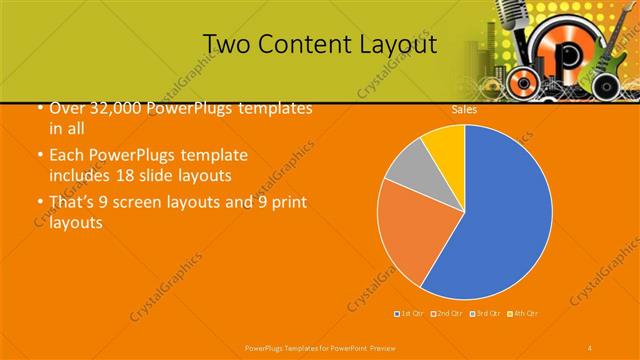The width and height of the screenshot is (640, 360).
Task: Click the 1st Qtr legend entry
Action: [x=409, y=314]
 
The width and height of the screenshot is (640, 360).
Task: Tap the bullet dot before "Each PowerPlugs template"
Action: [x=38, y=157]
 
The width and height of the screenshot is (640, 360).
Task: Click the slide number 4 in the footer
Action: [x=590, y=346]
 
